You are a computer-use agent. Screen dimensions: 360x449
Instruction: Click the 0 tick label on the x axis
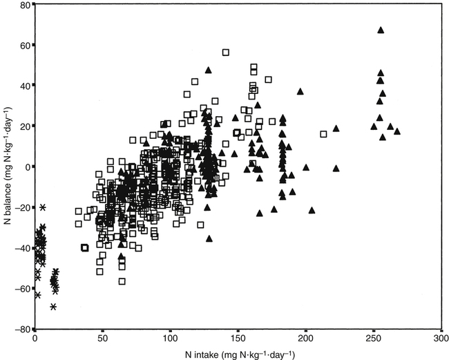click(35, 339)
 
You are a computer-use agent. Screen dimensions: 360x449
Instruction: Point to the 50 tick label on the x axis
click(102, 339)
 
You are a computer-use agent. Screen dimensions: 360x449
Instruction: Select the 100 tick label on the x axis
click(170, 339)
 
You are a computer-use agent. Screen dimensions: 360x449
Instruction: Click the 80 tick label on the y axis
click(24, 5)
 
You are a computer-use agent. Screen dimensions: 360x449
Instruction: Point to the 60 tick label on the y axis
click(24, 46)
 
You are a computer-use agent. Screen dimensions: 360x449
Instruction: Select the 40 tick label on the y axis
click(24, 86)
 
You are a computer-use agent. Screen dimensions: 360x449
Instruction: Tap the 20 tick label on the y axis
click(24, 126)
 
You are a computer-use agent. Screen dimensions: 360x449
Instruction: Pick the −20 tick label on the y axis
click(22, 207)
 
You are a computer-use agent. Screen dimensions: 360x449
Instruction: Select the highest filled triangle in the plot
click(381, 30)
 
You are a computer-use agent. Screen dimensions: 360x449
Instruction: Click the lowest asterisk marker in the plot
click(53, 306)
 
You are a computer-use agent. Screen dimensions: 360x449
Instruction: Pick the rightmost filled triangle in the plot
click(397, 131)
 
